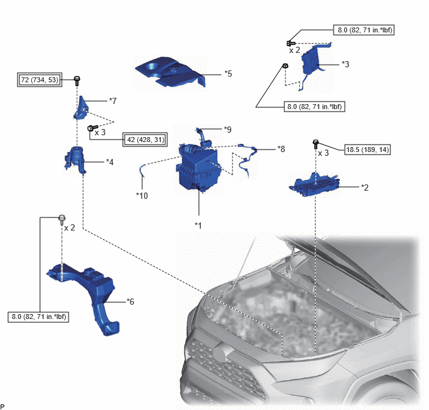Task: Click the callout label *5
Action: [228, 74]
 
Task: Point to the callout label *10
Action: [142, 196]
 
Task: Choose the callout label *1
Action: [198, 226]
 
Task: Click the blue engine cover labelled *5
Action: [170, 72]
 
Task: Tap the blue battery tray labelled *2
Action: [315, 184]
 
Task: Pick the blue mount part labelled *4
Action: [75, 160]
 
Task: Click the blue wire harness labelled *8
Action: [248, 158]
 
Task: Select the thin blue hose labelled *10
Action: [142, 171]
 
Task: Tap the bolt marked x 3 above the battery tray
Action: [316, 145]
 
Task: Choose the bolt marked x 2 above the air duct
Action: [62, 220]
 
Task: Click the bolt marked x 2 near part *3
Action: [291, 43]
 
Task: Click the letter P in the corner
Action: [2, 407]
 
